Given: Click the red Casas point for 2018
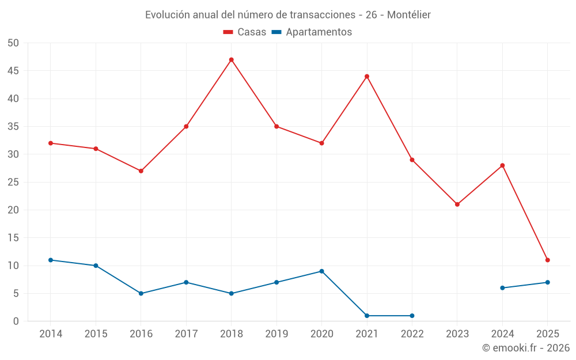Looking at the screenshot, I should tap(231, 60).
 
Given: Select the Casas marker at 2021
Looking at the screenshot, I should tap(366, 77).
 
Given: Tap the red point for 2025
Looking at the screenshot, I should tap(547, 260).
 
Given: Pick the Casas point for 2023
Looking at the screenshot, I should tap(457, 204).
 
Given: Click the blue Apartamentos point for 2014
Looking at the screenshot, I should tap(51, 260).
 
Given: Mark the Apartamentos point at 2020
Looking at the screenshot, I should tap(321, 271).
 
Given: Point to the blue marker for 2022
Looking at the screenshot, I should tap(412, 316).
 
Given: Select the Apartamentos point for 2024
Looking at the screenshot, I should tap(502, 288).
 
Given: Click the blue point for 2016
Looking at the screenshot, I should tap(141, 293).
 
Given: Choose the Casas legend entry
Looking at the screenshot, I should tap(245, 32).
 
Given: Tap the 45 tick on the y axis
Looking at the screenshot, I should tap(13, 71).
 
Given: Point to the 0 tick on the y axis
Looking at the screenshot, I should tap(16, 321).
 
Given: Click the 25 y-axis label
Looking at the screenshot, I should tap(13, 182).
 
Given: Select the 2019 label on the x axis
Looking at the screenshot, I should tap(276, 334).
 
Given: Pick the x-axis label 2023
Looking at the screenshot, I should tap(457, 334).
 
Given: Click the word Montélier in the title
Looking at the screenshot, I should tap(409, 15).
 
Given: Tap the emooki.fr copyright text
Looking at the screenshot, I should tap(526, 348).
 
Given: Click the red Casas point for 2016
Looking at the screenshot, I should tap(141, 171).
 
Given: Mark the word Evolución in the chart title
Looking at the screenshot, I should tap(166, 15).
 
